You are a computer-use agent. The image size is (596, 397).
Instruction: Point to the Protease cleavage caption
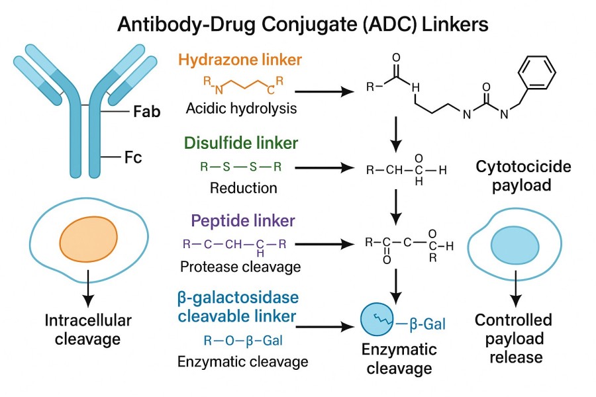click(240, 267)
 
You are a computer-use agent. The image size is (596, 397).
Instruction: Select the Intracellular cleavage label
click(88, 330)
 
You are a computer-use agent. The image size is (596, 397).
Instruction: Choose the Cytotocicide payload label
click(514, 175)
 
